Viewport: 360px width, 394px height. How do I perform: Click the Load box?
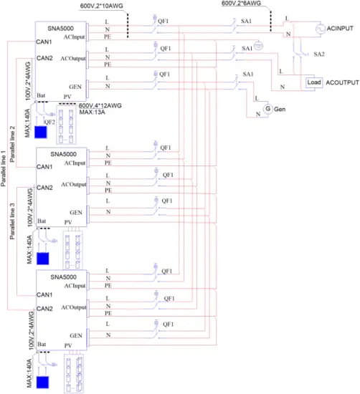[313, 82]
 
